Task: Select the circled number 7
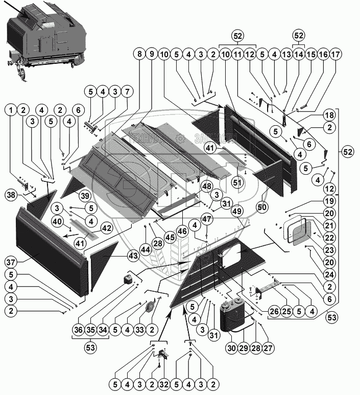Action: coord(127,92)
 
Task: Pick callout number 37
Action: coord(12,262)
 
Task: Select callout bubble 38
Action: coord(12,194)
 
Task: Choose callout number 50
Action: coord(262,207)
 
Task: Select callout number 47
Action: coord(206,218)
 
